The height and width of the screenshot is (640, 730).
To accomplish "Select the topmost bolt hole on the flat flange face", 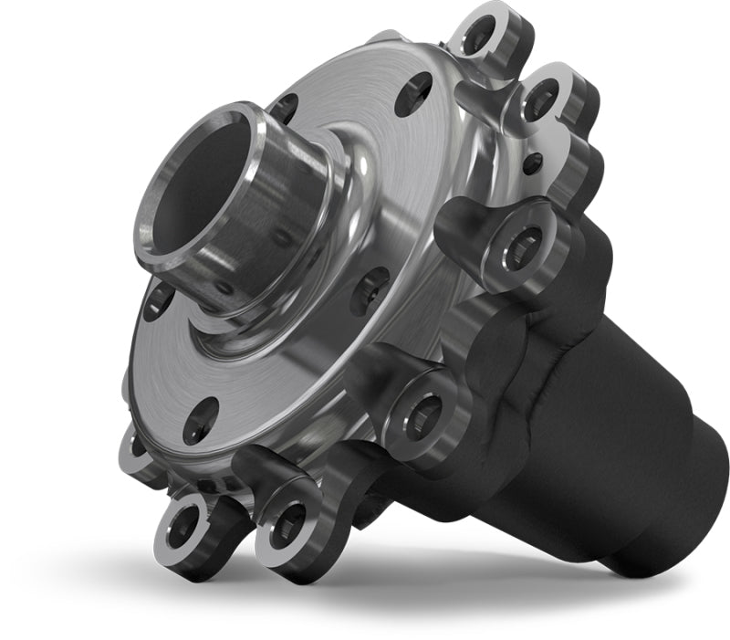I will pos(412,92).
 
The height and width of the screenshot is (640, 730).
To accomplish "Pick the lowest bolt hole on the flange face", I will pos(200,421).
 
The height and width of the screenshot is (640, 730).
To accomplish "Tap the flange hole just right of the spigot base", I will pos(370,290).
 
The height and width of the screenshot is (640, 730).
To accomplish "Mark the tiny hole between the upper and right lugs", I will pos(532,163).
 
